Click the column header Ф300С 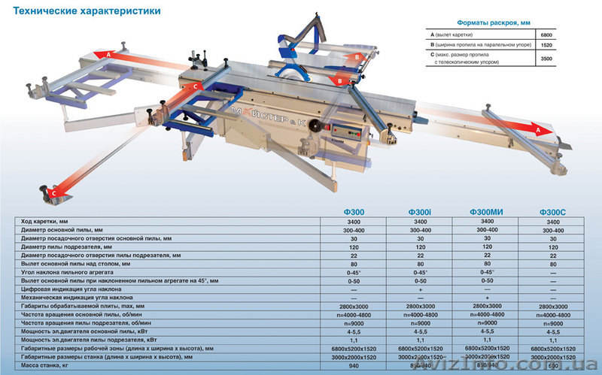point(553,213)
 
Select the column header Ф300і point(418,213)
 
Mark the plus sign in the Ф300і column point(418,289)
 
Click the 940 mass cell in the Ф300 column point(353,367)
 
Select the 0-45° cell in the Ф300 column point(353,272)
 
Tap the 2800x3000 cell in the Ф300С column point(553,307)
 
